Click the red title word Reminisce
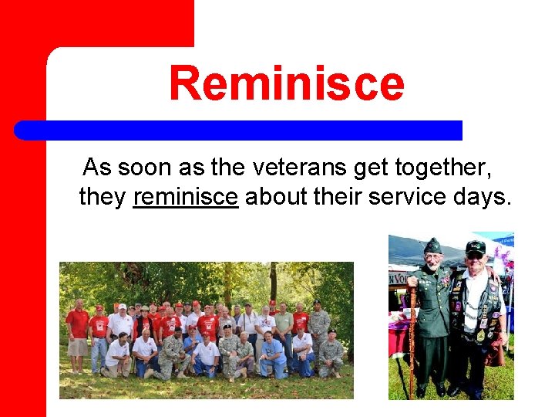tap(286, 84)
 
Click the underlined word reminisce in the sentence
tap(185, 197)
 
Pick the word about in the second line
tap(277, 197)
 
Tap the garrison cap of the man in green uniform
tap(433, 246)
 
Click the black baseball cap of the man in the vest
tap(476, 247)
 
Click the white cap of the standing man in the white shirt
tap(121, 307)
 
